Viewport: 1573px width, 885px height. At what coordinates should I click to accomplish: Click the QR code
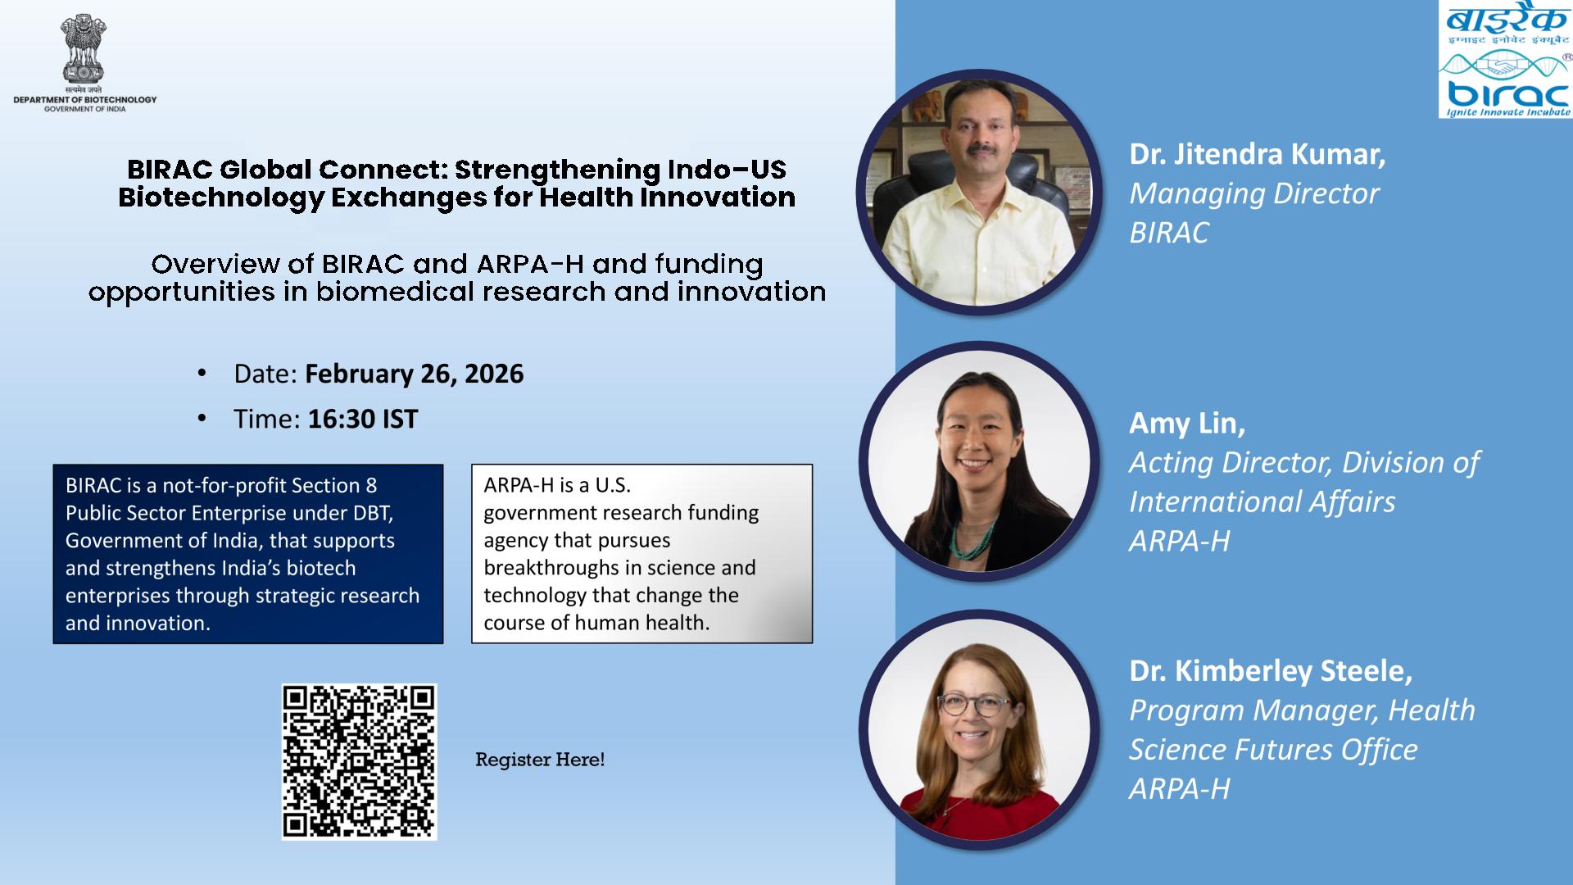359,761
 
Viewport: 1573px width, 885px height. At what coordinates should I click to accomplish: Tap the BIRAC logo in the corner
1505,60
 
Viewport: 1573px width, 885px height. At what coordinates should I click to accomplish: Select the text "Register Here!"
540,760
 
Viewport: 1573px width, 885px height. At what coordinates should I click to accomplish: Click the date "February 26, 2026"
414,374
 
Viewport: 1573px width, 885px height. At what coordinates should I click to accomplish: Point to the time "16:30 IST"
362,419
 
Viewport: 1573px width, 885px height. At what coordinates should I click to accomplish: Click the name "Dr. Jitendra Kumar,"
1258,154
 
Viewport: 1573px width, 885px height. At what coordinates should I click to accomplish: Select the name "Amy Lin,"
1187,423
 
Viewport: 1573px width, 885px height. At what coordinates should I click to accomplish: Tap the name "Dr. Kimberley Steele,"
1271,671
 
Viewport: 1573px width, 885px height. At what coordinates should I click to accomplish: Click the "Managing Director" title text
1254,193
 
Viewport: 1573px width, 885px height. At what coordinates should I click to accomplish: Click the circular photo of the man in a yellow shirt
979,193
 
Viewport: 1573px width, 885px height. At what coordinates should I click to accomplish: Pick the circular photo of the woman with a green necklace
979,461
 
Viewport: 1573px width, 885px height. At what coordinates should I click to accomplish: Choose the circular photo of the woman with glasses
979,730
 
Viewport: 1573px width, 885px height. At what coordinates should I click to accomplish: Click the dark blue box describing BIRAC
248,554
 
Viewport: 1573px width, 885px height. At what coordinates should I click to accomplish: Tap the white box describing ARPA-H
642,554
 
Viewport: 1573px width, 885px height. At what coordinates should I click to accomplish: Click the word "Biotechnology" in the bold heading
212,197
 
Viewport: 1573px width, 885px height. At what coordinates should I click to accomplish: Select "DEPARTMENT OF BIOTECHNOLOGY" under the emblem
84,100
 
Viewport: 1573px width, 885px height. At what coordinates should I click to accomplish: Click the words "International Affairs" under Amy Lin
1262,501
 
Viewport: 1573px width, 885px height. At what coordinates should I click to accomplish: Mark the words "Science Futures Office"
1273,750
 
